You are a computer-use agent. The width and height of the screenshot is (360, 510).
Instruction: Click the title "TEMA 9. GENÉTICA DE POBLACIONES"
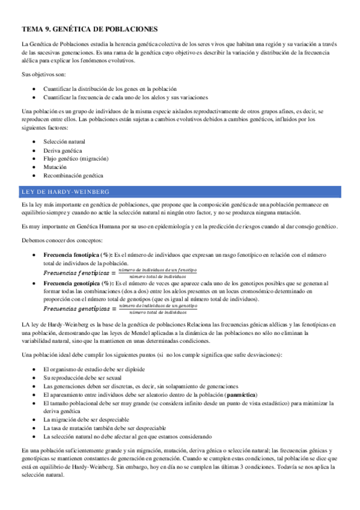tap(89, 28)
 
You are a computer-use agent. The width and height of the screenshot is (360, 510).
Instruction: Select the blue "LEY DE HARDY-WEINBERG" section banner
tap(181, 191)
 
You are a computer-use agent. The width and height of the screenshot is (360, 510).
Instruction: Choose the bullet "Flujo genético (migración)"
tap(76, 159)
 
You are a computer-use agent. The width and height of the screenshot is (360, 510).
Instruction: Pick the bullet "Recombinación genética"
tap(73, 176)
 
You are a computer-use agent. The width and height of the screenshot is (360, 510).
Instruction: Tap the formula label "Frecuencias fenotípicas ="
tap(79, 272)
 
